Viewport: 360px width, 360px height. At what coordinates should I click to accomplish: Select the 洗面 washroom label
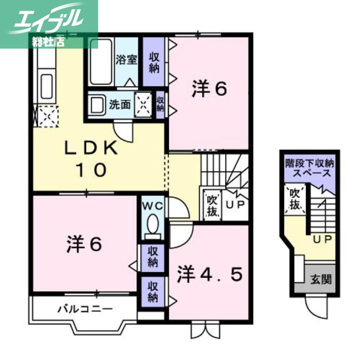[120, 105]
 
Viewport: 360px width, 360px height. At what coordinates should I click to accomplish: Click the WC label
[153, 206]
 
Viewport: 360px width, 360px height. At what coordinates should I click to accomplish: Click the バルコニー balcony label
[84, 309]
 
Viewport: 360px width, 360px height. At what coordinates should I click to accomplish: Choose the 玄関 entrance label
[321, 279]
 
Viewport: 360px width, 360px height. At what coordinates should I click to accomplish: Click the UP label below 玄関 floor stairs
[322, 238]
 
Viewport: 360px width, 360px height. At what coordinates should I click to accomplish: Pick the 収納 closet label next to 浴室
[154, 63]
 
